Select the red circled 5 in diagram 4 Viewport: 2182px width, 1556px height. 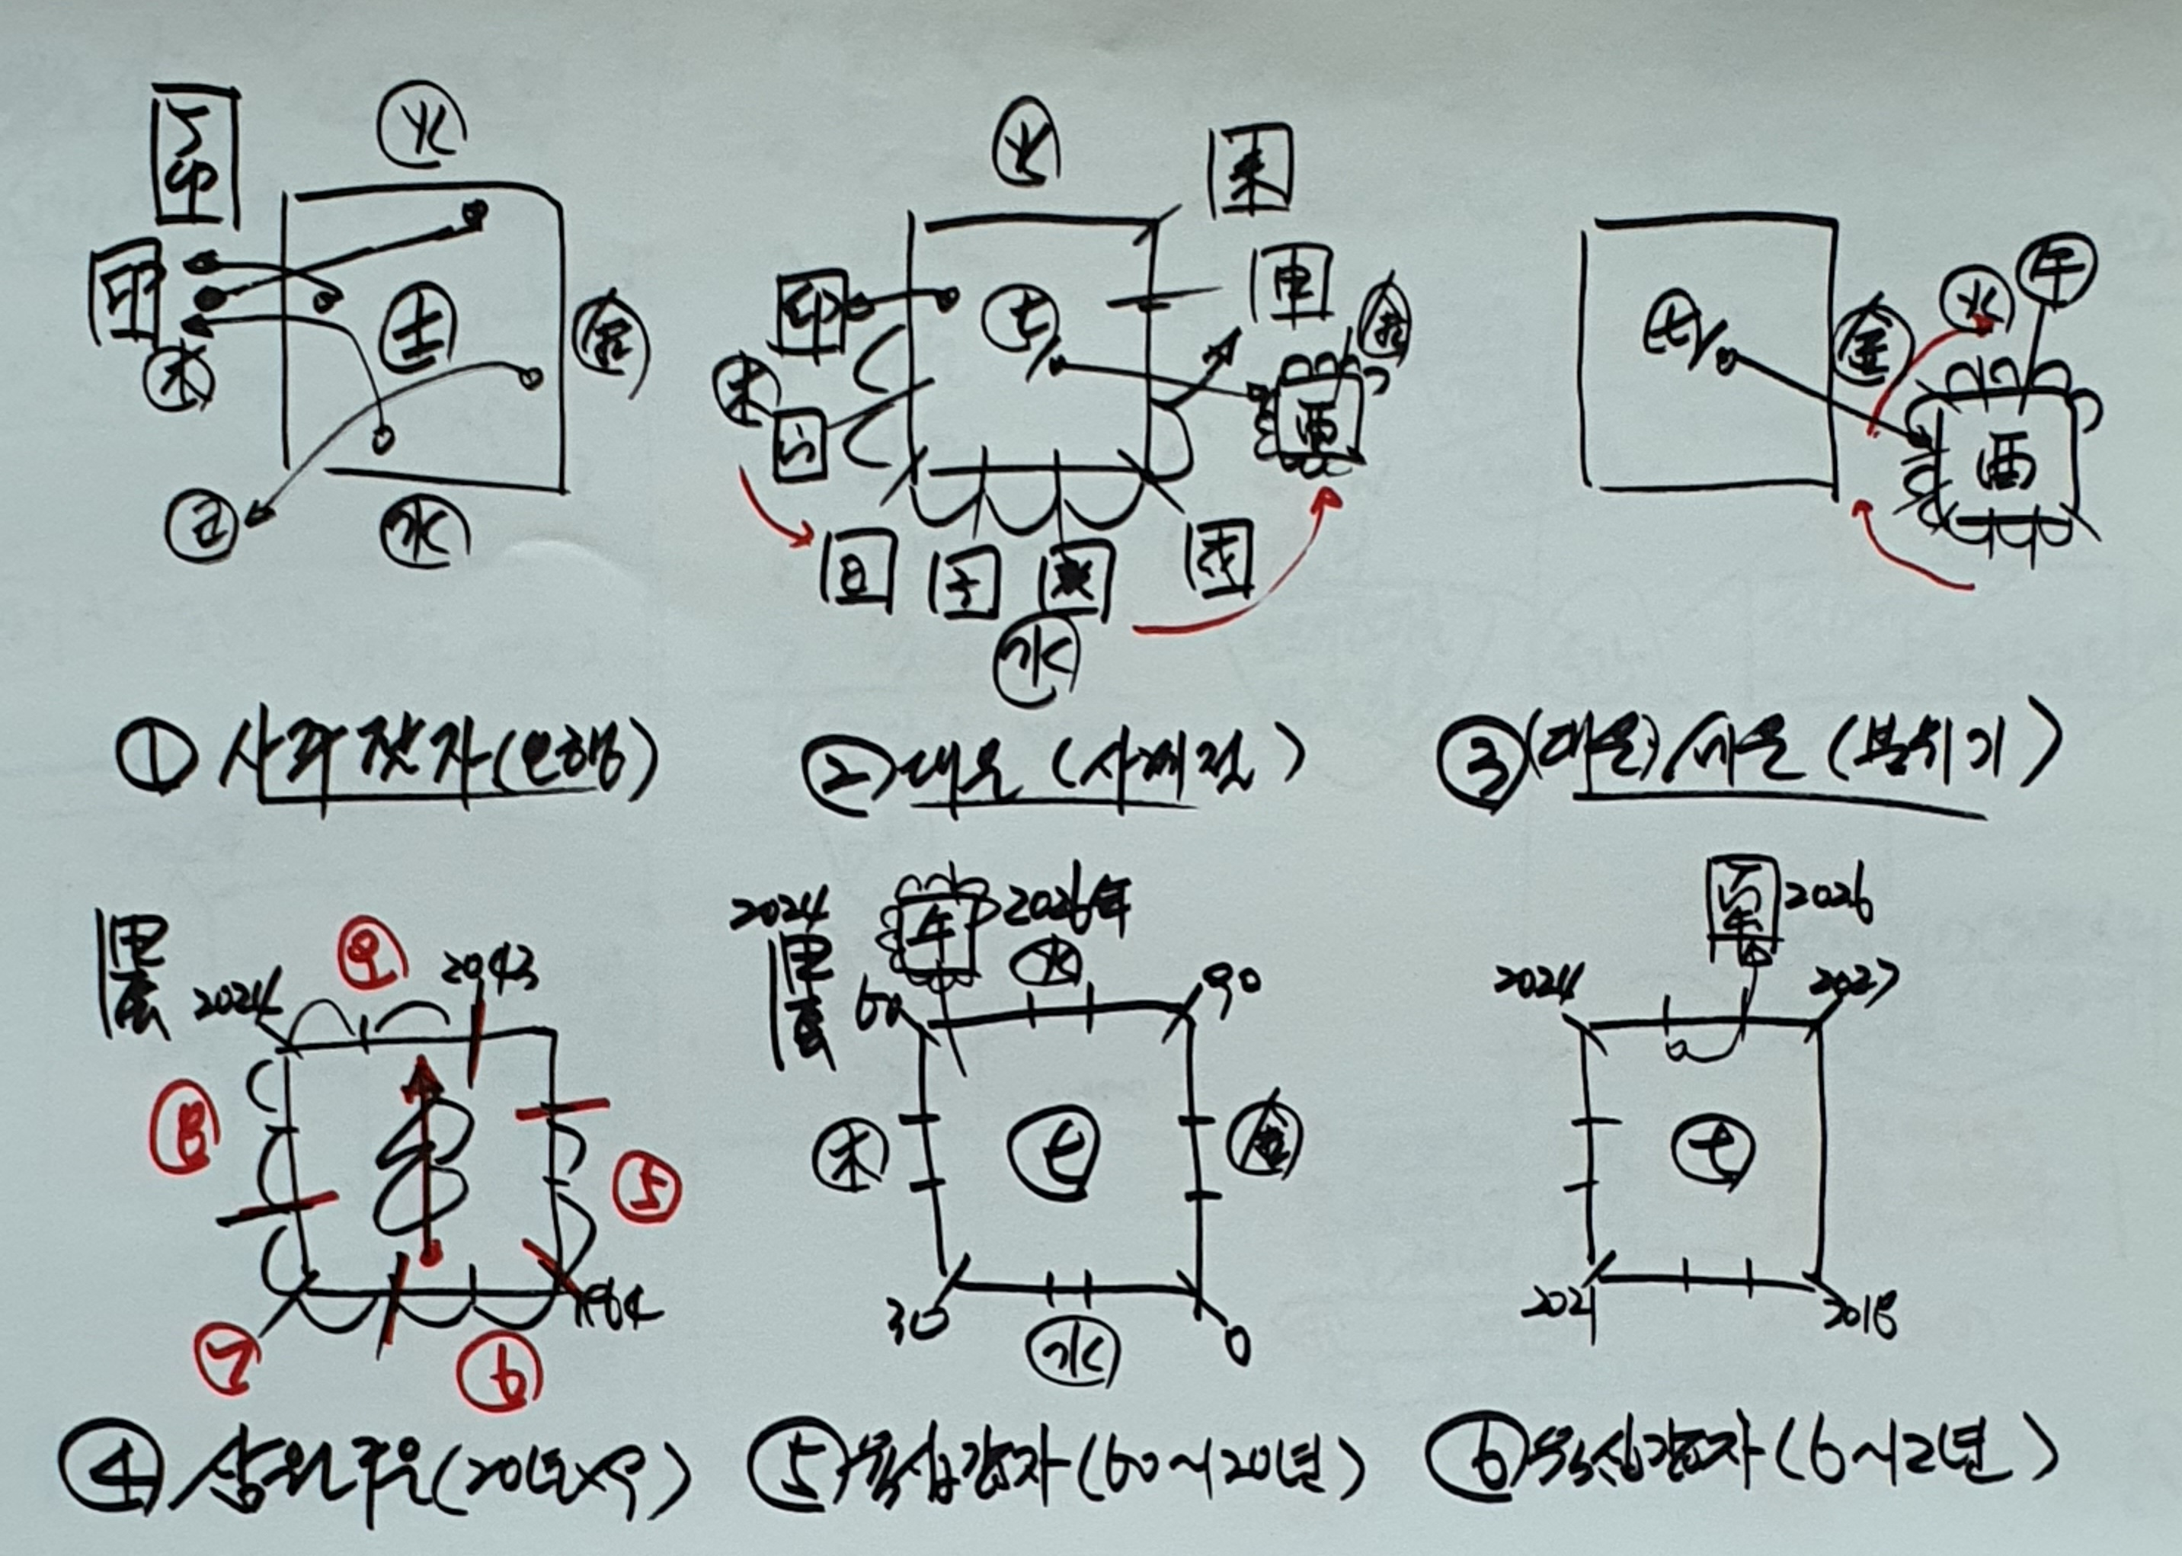point(648,1189)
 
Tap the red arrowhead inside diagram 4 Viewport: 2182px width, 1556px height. point(421,1083)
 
